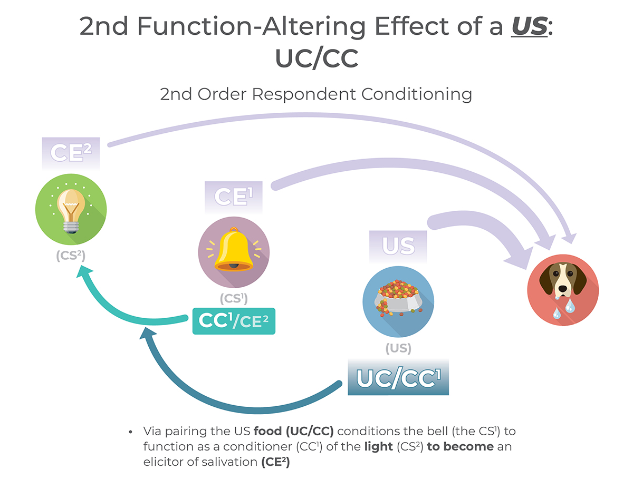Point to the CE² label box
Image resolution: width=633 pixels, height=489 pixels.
pos(71,152)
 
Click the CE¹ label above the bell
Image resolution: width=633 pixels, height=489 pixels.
pos(234,196)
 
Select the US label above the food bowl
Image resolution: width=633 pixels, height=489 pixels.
pos(398,246)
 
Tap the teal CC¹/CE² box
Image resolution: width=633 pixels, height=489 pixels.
pos(234,321)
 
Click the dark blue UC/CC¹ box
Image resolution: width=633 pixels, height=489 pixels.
pos(398,378)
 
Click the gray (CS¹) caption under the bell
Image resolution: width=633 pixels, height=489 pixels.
pos(234,298)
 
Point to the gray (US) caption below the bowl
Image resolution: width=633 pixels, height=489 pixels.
pos(398,348)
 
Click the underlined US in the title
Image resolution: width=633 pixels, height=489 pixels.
pos(529,27)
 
